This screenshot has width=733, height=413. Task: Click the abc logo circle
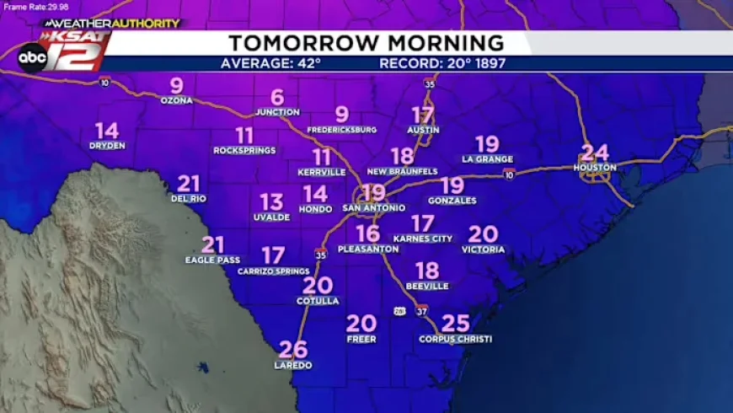(33, 56)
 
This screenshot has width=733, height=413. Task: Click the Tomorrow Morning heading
(366, 43)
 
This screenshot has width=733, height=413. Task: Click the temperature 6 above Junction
(277, 98)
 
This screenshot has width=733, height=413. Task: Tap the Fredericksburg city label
(341, 130)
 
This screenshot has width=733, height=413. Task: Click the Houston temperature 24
(595, 153)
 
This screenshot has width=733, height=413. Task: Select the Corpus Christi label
(455, 339)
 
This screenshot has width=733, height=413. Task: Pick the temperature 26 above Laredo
(292, 349)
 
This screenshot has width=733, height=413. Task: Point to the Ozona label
(176, 100)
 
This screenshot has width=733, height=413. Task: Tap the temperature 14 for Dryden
(107, 131)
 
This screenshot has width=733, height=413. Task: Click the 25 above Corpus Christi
(455, 323)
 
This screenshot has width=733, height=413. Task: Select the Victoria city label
(483, 249)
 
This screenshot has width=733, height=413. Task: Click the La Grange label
(487, 158)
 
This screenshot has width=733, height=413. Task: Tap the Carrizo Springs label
(273, 271)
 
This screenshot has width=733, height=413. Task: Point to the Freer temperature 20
(361, 323)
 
